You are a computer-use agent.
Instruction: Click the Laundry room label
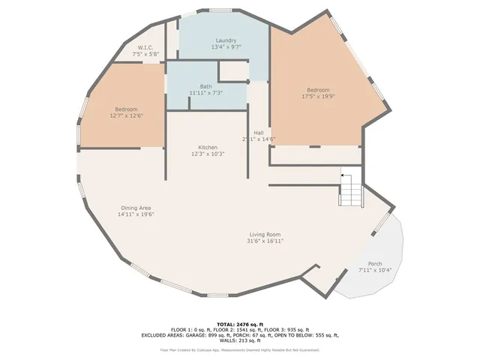coord(226,40)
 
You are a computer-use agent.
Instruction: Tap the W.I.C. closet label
coord(145,47)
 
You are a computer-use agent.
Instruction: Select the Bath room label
coord(205,86)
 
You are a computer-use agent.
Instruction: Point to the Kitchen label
coord(208,147)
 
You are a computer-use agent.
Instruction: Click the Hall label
coord(258,133)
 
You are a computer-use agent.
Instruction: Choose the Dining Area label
coord(135,208)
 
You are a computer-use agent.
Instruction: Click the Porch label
coord(375,264)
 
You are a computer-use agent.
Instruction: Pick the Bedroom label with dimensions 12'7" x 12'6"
coord(126,109)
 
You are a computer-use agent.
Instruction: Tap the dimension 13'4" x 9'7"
coord(226,47)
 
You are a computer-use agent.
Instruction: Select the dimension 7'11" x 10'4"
coord(375,270)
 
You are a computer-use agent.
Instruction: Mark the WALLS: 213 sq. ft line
coord(239,341)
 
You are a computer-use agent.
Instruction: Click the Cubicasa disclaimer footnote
coord(239,349)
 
